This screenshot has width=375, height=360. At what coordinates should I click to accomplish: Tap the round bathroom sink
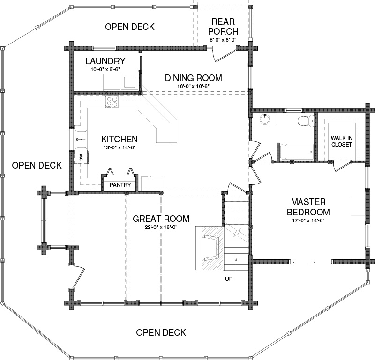pyautogui.click(x=265, y=119)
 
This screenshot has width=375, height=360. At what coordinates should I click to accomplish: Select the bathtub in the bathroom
pyautogui.click(x=296, y=152)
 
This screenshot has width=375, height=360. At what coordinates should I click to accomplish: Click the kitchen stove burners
pyautogui.click(x=112, y=101)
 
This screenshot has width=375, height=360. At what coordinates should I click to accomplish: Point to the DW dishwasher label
pyautogui.click(x=81, y=157)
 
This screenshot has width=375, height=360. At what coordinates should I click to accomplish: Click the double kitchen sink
pyautogui.click(x=81, y=140)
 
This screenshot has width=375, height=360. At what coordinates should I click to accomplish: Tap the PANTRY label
pyautogui.click(x=120, y=184)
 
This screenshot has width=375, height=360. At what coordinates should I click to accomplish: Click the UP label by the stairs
pyautogui.click(x=229, y=279)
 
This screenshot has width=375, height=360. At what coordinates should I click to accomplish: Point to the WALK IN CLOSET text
pyautogui.click(x=342, y=141)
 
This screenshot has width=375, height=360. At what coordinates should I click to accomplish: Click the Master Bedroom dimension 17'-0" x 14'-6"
pyautogui.click(x=308, y=221)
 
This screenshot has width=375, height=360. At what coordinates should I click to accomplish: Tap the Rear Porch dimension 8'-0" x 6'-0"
pyautogui.click(x=223, y=40)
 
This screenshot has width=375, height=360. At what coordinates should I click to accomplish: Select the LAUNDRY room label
pyautogui.click(x=105, y=61)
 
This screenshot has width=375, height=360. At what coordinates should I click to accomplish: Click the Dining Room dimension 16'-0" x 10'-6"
pyautogui.click(x=194, y=86)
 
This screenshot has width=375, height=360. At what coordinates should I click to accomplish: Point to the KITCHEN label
pyautogui.click(x=120, y=139)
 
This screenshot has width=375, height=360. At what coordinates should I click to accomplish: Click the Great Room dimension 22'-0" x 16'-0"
pyautogui.click(x=161, y=227)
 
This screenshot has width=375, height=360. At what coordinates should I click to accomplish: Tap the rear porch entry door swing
pyautogui.click(x=222, y=55)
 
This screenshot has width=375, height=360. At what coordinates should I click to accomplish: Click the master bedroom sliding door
pyautogui.click(x=312, y=263)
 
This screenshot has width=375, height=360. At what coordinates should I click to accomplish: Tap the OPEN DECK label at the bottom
pyautogui.click(x=161, y=332)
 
